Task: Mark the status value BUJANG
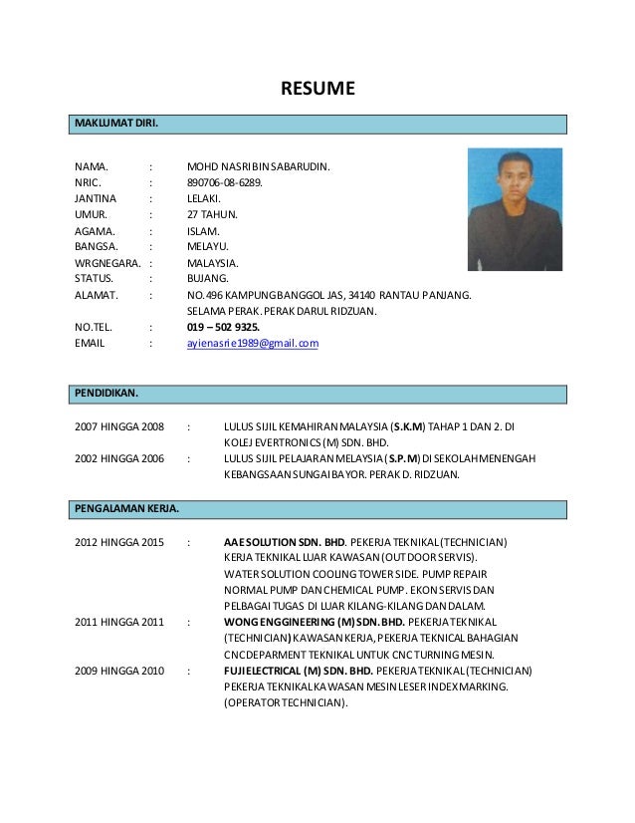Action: coord(208,278)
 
